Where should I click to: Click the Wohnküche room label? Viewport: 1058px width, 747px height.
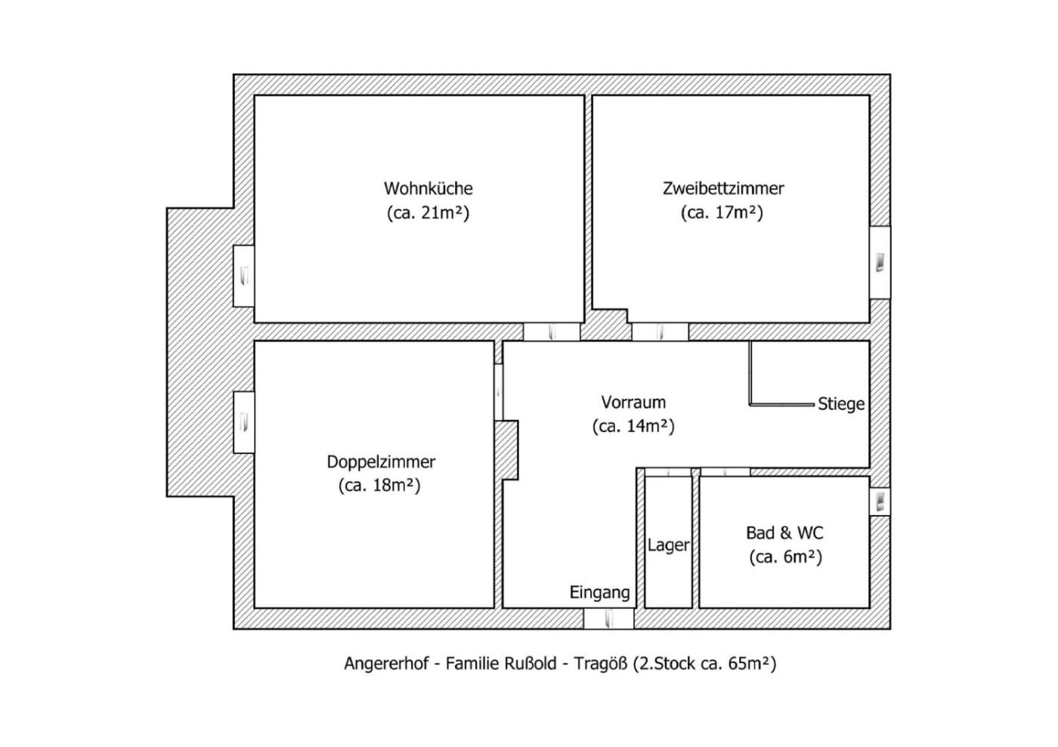428,188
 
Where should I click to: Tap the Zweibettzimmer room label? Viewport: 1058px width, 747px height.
723,188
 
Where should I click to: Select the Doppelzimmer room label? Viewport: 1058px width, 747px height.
381,461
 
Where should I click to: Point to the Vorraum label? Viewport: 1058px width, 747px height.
633,402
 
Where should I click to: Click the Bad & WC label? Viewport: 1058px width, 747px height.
784,532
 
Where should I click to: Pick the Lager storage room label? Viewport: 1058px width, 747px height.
668,545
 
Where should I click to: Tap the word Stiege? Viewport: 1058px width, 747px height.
840,404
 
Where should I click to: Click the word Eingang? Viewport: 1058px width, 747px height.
599,592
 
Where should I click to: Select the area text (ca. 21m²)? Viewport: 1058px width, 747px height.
428,213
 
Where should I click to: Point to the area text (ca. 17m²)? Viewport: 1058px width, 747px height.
722,213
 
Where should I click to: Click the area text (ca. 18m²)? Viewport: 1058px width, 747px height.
379,485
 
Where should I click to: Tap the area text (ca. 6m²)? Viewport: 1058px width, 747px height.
785,557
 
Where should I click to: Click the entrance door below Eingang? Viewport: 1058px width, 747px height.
608,619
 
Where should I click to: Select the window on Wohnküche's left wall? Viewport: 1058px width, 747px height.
243,276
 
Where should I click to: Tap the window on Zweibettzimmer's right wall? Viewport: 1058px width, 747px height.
880,262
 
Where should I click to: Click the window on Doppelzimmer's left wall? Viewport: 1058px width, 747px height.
243,421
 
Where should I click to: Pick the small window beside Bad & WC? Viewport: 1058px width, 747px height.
880,502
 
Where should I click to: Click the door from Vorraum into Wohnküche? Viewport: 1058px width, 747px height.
552,332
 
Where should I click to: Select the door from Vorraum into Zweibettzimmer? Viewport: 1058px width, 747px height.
660,332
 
